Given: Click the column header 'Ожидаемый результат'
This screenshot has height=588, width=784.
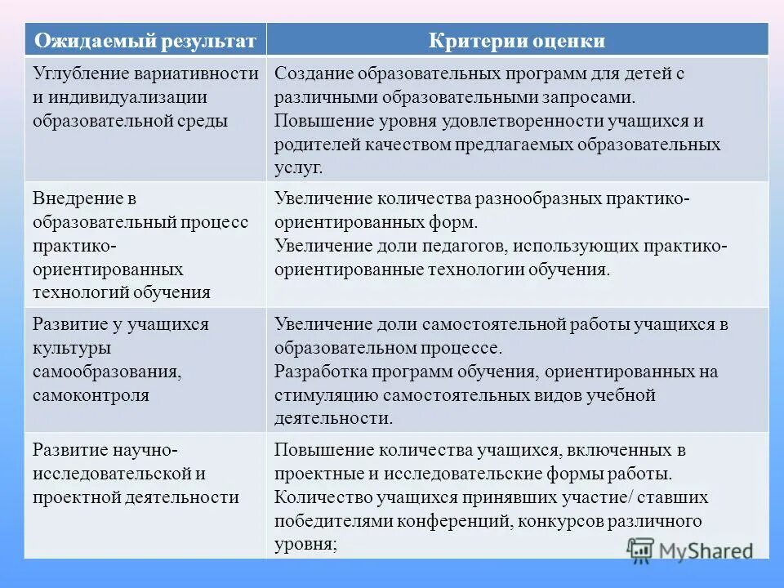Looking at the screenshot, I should [x=145, y=40].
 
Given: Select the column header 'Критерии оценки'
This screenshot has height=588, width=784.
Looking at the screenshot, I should [x=517, y=40].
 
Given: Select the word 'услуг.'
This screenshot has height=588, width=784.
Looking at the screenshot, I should [x=299, y=167].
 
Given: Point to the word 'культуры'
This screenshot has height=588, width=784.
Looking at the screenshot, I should [x=72, y=347].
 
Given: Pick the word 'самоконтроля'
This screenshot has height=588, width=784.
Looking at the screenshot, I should [x=91, y=395].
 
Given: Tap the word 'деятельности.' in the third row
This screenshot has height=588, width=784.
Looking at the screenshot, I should [x=333, y=419].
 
